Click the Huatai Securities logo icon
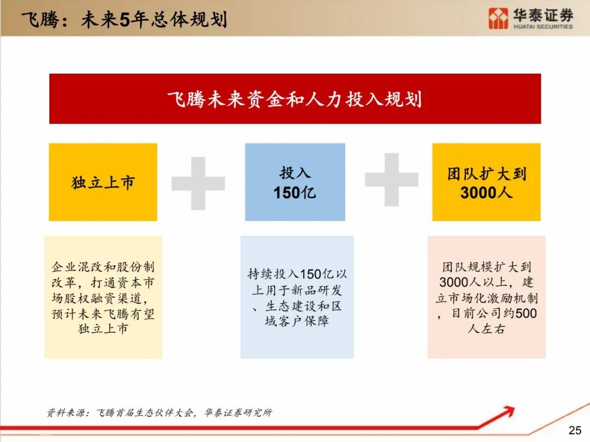(498, 19)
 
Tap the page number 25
(575, 430)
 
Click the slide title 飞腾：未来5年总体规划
(124, 19)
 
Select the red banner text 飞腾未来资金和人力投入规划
(294, 100)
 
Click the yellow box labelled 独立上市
(103, 182)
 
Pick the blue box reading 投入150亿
(295, 182)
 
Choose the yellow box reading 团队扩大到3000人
(486, 182)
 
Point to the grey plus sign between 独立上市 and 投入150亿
(198, 183)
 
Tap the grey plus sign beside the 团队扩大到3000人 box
(391, 180)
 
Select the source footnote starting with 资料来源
(159, 413)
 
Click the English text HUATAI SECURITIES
(543, 27)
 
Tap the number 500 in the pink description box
(526, 313)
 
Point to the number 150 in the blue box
(285, 193)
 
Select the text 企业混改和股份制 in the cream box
(103, 267)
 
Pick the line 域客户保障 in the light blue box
(297, 321)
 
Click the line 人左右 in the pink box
(486, 329)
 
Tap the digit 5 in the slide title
(125, 20)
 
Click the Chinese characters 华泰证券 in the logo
(543, 15)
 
